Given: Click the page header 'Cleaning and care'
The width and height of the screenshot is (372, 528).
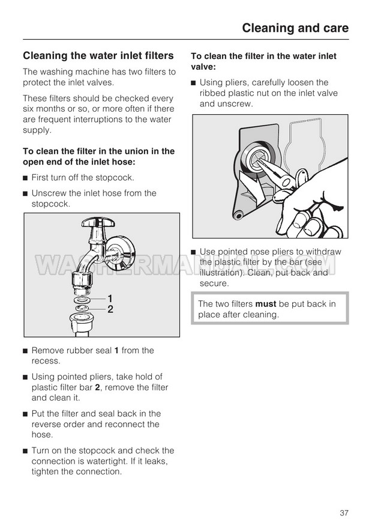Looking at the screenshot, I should pyautogui.click(x=295, y=28).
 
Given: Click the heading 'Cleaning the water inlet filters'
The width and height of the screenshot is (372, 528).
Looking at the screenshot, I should pyautogui.click(x=98, y=56).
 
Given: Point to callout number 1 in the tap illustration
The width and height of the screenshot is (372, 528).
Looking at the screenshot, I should pyautogui.click(x=110, y=298).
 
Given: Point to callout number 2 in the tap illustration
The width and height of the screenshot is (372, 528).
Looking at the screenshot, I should pyautogui.click(x=110, y=309).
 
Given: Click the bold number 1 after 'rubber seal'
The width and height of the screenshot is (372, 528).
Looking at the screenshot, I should pyautogui.click(x=116, y=350).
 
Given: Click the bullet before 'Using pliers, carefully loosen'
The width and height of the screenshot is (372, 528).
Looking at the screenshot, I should pyautogui.click(x=194, y=83).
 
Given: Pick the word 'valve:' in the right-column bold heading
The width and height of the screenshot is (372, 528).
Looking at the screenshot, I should pyautogui.click(x=203, y=67).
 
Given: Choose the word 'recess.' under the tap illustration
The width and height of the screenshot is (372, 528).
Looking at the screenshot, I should pyautogui.click(x=46, y=361).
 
